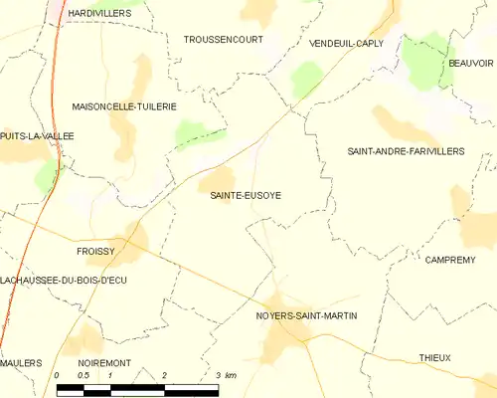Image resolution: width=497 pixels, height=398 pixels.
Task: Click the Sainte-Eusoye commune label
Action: pyautogui.click(x=245, y=196)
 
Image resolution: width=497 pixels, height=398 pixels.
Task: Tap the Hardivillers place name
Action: pyautogui.click(x=100, y=12)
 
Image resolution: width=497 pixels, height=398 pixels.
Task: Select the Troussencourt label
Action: pyautogui.click(x=224, y=40)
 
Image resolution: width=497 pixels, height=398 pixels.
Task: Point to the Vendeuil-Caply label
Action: pyautogui.click(x=346, y=45)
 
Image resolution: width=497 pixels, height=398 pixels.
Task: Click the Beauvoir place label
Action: pyautogui.click(x=470, y=63)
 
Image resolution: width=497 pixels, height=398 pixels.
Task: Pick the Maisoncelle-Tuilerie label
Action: pyautogui.click(x=124, y=105)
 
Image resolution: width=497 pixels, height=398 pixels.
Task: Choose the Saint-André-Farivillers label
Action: pyautogui.click(x=405, y=151)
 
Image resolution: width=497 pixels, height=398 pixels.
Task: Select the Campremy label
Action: pyautogui.click(x=452, y=260)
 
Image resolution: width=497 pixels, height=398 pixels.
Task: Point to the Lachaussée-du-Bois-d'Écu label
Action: pyautogui.click(x=64, y=281)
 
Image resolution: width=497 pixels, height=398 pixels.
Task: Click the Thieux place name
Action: pyautogui.click(x=434, y=357)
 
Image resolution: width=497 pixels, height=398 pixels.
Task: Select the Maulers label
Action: pyautogui.click(x=21, y=363)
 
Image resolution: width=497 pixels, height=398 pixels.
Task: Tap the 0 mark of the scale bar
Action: pyautogui.click(x=58, y=375)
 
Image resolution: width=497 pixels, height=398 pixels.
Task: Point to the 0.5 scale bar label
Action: pyautogui.click(x=84, y=375)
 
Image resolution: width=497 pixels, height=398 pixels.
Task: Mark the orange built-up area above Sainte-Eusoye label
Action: pyautogui.click(x=216, y=180)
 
